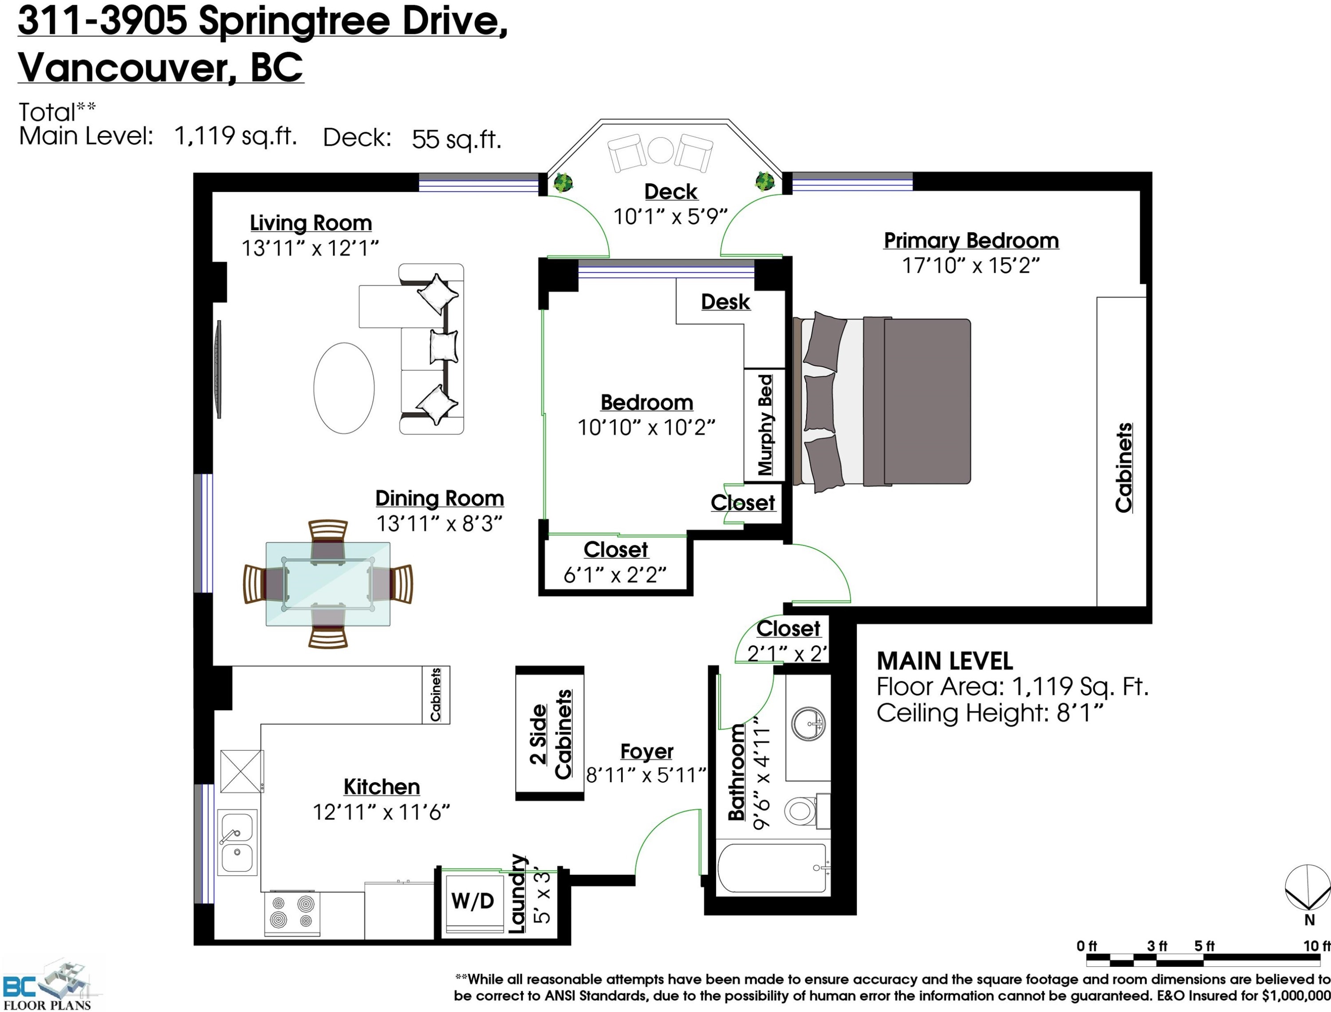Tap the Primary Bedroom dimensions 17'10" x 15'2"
click(x=971, y=266)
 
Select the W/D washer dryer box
click(x=473, y=902)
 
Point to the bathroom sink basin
click(x=807, y=723)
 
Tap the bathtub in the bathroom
click(x=772, y=868)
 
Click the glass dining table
click(x=328, y=584)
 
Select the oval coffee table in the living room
click(x=344, y=388)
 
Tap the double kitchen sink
click(x=237, y=842)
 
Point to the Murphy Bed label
click(x=764, y=425)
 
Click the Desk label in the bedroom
click(x=725, y=302)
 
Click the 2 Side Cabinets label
click(x=550, y=734)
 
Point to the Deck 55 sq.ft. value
click(x=456, y=139)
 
